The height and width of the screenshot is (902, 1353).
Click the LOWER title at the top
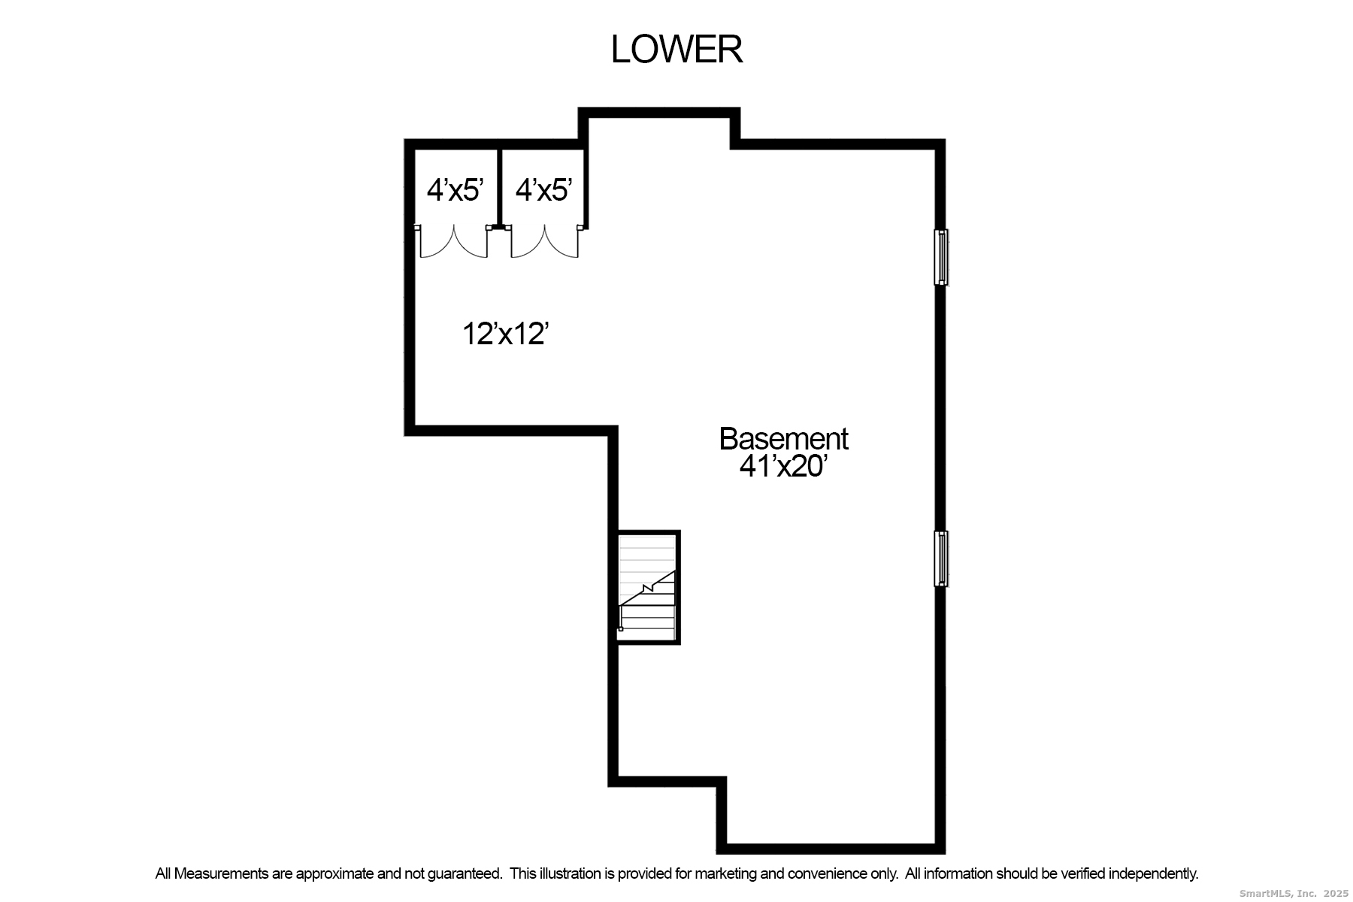click(676, 50)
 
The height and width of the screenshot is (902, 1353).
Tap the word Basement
click(783, 439)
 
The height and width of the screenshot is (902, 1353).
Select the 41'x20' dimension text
click(783, 467)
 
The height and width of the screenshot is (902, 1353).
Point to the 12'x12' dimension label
click(503, 334)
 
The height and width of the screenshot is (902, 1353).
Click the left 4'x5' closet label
click(455, 190)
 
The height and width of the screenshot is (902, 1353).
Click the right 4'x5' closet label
click(543, 190)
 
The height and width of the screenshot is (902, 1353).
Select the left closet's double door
click(453, 241)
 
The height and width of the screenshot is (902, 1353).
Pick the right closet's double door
click(545, 241)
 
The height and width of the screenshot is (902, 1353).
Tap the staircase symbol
click(647, 587)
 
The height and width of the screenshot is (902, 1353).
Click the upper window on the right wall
click(940, 257)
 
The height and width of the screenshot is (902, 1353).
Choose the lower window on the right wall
click(940, 558)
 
